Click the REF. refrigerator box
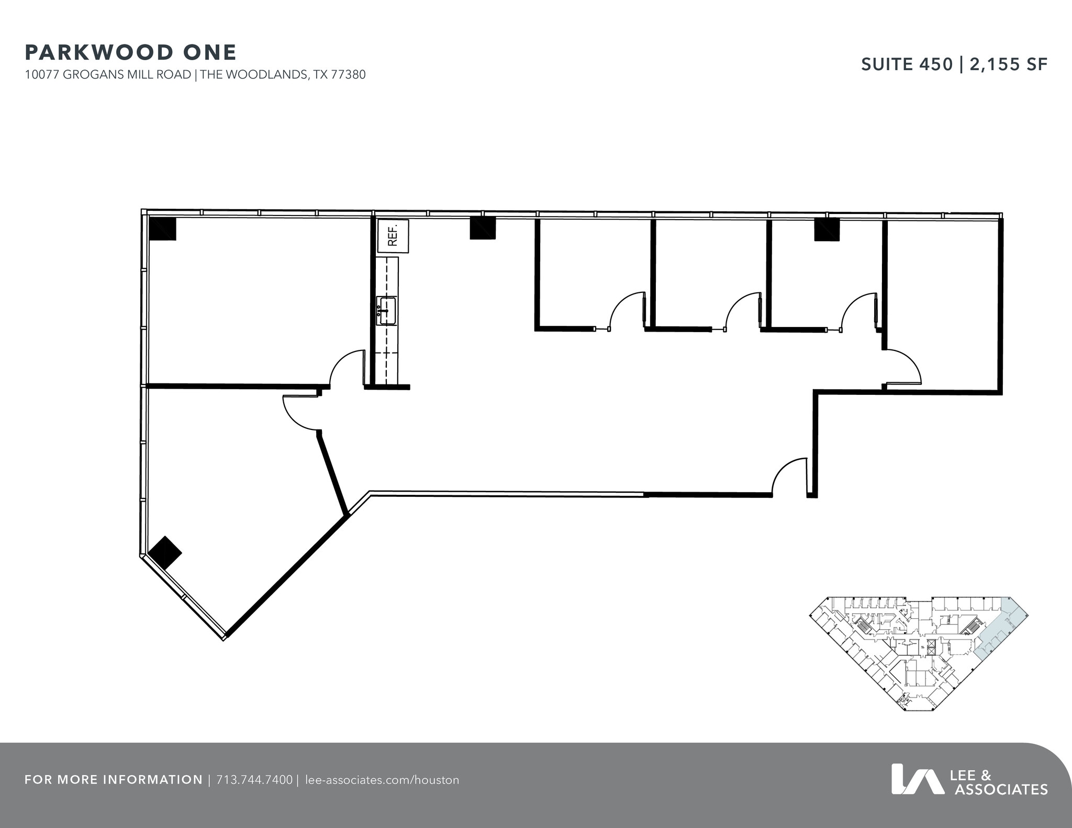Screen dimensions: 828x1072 pyautogui.click(x=393, y=235)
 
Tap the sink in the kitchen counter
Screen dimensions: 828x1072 pyautogui.click(x=387, y=311)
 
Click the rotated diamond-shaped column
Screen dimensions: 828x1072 pyautogui.click(x=165, y=552)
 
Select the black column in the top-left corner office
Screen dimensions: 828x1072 pyautogui.click(x=162, y=229)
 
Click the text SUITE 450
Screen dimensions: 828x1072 pyautogui.click(x=907, y=64)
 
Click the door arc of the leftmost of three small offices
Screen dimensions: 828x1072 pyautogui.click(x=626, y=310)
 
